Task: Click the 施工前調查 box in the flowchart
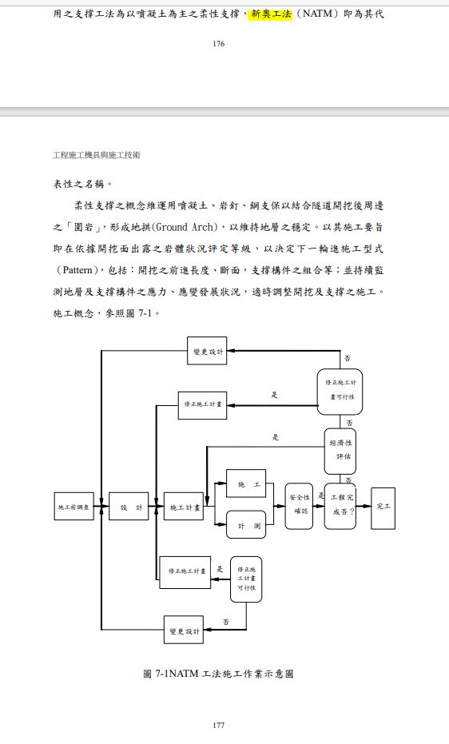(x=75, y=507)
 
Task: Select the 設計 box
(x=129, y=507)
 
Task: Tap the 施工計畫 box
(x=184, y=507)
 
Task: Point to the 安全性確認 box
(x=299, y=506)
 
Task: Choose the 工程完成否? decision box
(x=340, y=505)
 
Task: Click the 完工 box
(x=383, y=507)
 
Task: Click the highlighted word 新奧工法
(x=272, y=14)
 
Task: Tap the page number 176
(x=219, y=43)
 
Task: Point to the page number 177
(x=219, y=726)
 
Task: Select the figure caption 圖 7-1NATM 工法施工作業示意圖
(x=218, y=674)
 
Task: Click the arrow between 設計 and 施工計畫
(x=156, y=507)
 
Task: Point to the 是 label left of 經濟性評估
(x=276, y=438)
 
